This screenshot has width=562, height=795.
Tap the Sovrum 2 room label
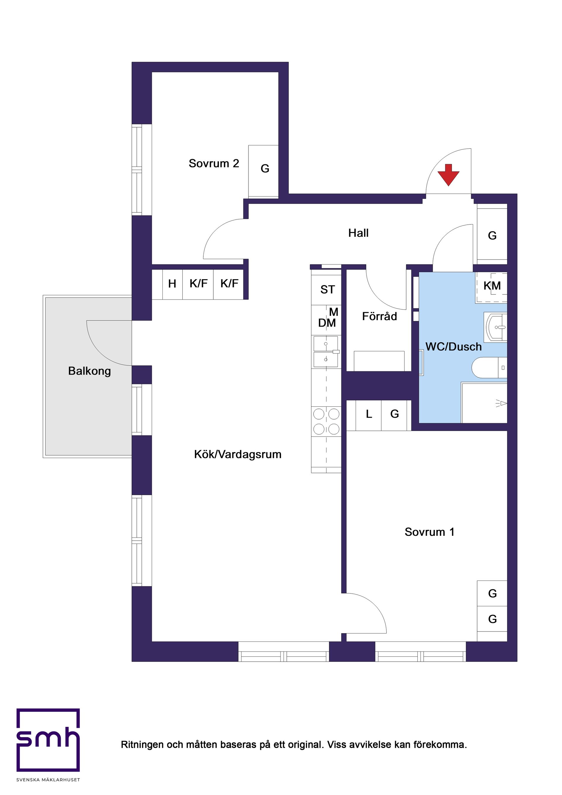click(x=214, y=164)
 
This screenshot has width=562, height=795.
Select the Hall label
click(x=358, y=233)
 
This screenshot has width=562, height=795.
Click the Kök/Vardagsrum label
click(x=238, y=454)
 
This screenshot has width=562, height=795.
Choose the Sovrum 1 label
click(x=429, y=532)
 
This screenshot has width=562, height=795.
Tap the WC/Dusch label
click(x=453, y=347)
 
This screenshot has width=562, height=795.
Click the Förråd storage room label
click(x=379, y=316)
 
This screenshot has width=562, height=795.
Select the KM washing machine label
click(x=492, y=286)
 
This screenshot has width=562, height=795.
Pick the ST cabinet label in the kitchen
click(x=328, y=289)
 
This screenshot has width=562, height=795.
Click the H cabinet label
click(x=172, y=284)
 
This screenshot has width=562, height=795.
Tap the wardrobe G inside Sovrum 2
click(x=265, y=169)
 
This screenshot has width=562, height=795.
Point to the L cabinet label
click(x=369, y=414)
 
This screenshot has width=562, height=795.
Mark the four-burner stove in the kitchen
click(x=326, y=421)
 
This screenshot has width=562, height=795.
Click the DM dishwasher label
click(x=327, y=323)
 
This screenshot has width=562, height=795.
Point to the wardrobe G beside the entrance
click(x=492, y=236)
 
